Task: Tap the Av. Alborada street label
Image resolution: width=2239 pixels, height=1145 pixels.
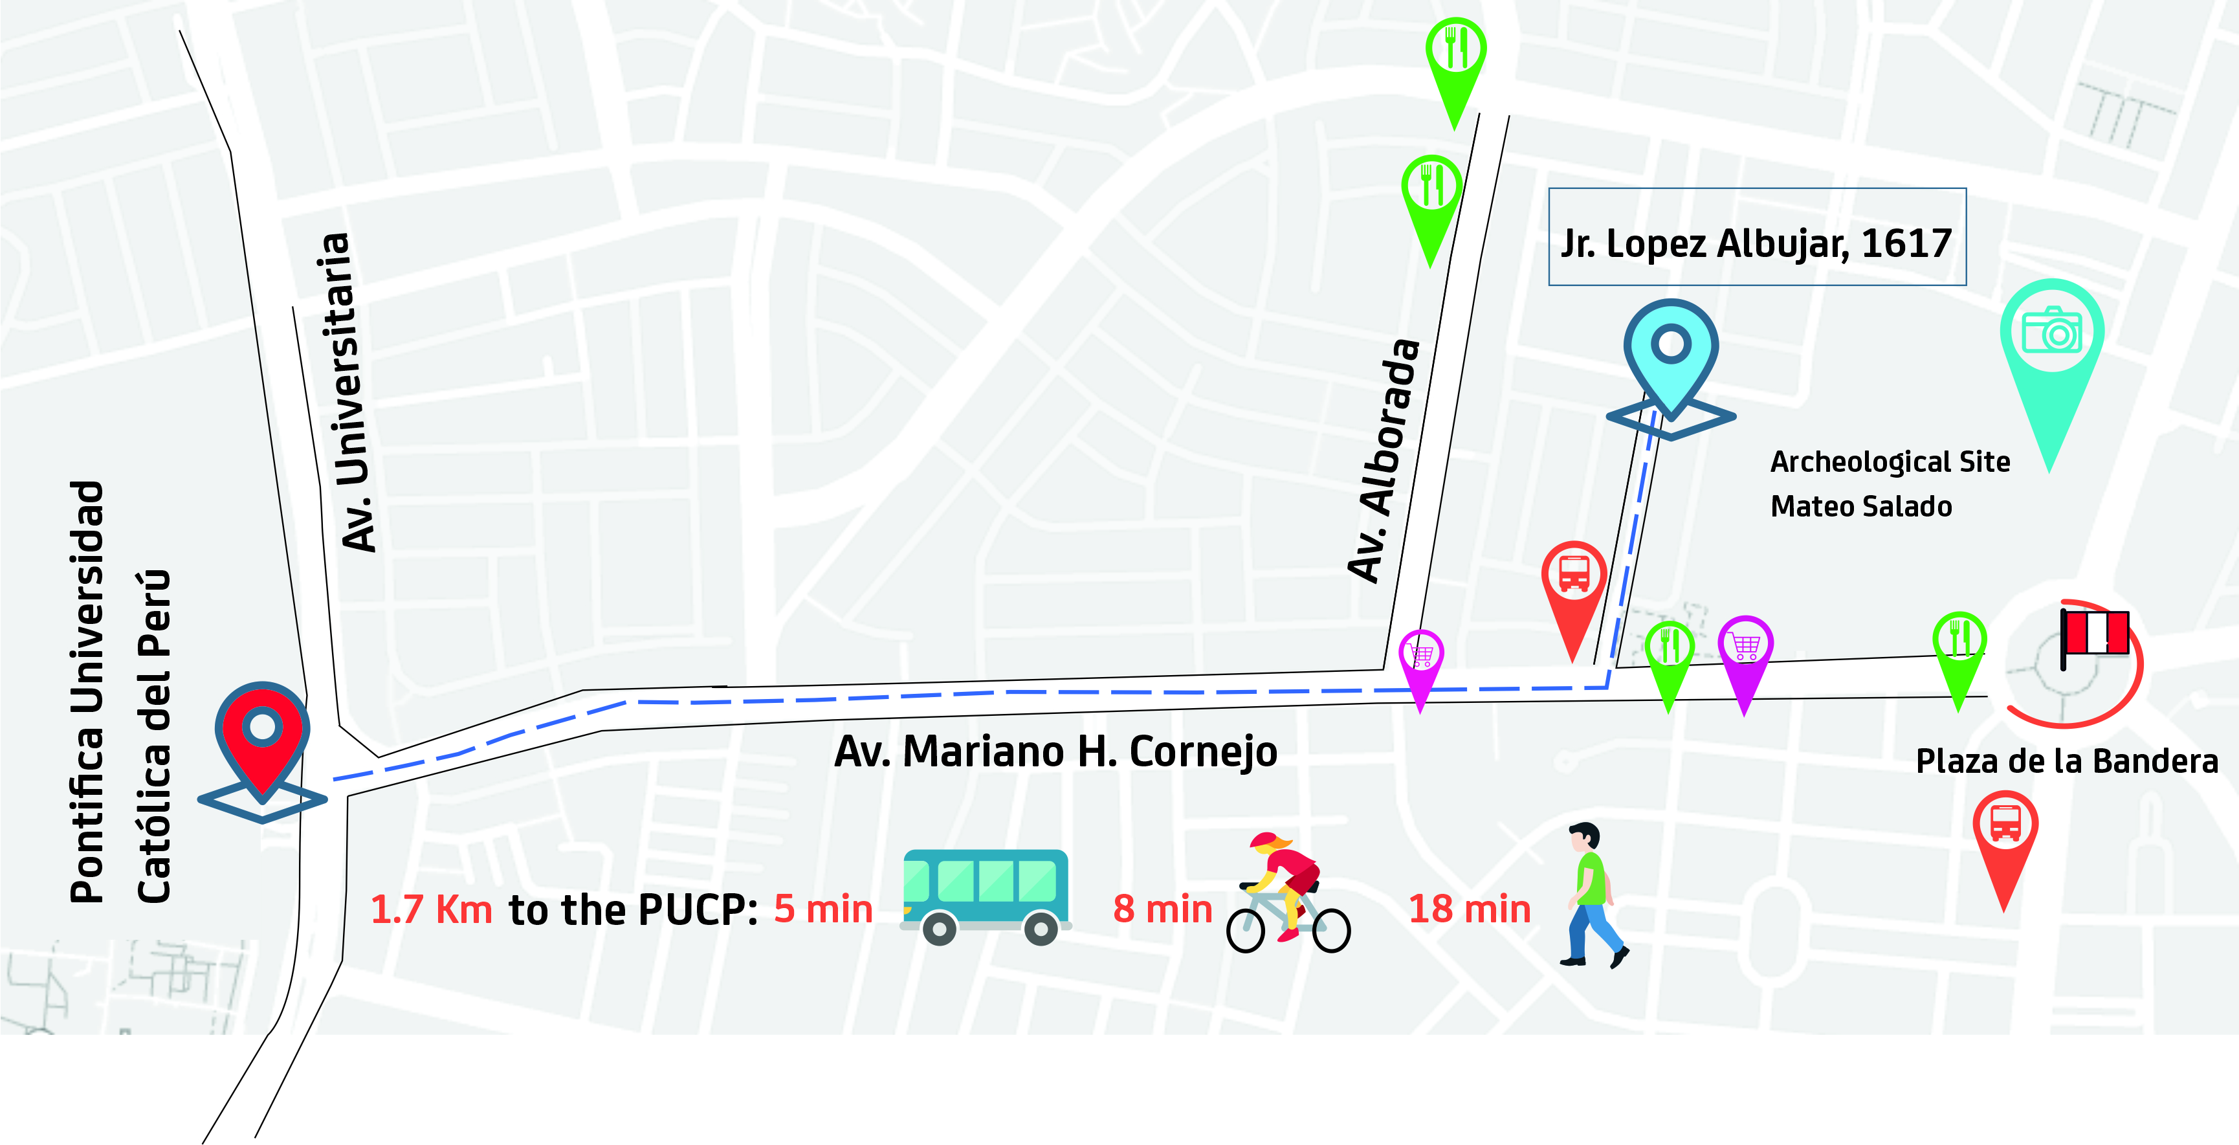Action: point(1384,461)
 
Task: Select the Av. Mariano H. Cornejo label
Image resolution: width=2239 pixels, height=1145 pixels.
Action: point(1055,752)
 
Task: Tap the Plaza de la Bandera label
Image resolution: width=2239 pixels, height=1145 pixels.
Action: point(2067,762)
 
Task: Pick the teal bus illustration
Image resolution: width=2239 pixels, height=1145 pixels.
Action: point(986,896)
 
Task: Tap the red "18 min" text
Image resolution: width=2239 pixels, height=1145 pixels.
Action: point(1469,909)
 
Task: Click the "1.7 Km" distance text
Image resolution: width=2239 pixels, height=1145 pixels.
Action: point(431,910)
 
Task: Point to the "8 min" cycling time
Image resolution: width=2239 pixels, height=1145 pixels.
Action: point(1162,909)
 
